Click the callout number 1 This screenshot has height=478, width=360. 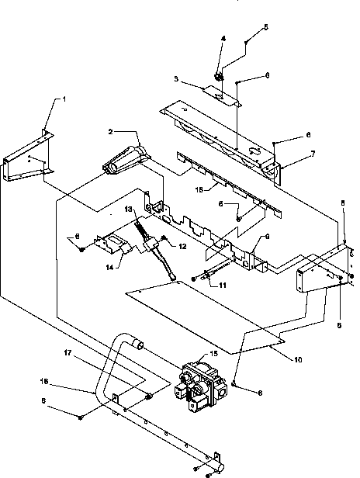65,100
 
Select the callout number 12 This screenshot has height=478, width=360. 183,247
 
